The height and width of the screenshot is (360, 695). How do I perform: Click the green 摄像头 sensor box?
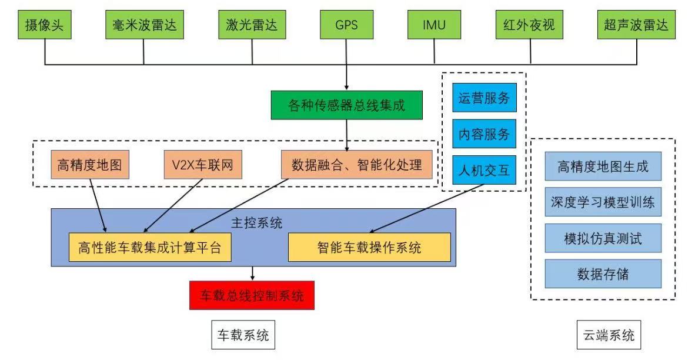[x=45, y=25]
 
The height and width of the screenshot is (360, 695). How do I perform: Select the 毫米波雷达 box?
[x=144, y=25]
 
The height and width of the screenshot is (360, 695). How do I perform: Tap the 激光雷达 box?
[x=252, y=25]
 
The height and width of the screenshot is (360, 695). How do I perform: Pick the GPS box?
[x=347, y=25]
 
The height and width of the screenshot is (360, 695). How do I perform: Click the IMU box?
[x=435, y=25]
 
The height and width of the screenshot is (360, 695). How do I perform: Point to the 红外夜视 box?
[x=530, y=25]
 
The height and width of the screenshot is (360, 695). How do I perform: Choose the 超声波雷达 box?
[x=636, y=25]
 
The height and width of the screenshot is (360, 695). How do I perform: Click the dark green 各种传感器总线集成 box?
[x=347, y=106]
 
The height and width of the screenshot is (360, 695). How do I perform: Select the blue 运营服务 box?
[x=484, y=98]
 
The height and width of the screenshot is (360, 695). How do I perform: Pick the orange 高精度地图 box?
[x=90, y=165]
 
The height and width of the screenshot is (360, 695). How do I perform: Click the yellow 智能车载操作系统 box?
[x=369, y=248]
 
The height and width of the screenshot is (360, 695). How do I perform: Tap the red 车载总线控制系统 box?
[x=252, y=295]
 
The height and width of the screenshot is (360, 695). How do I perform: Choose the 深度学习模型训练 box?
[x=603, y=204]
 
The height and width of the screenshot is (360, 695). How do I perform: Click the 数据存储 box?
[x=603, y=274]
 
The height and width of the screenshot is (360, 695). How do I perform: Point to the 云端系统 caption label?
[x=609, y=336]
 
